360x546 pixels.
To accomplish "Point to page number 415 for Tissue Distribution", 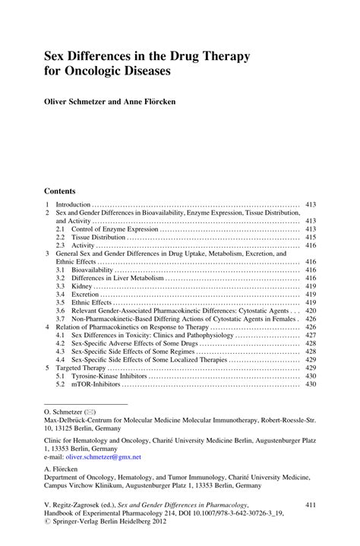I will point(310,238).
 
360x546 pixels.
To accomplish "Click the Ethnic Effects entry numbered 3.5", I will point(90,303).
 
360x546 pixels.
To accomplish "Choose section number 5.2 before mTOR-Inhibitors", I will point(60,384).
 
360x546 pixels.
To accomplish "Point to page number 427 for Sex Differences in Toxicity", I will point(310,335).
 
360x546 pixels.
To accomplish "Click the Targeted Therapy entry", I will point(82,368).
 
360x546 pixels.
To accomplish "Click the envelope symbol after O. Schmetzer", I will point(90,410).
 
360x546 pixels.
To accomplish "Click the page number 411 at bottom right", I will point(310,504).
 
